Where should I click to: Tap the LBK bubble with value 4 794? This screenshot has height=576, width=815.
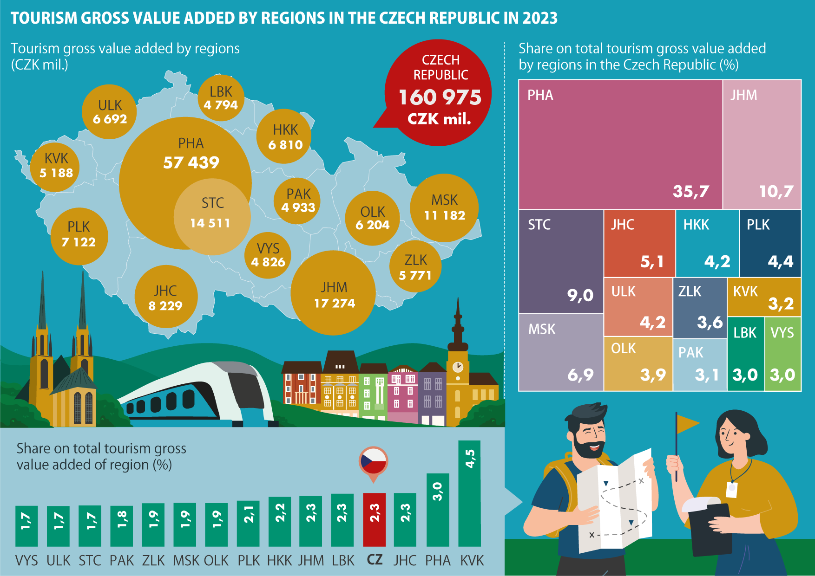(221, 98)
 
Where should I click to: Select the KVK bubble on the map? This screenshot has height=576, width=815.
(56, 166)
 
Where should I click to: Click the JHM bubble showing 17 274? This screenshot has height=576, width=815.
(334, 294)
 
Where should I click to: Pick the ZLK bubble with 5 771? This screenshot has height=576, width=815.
(415, 267)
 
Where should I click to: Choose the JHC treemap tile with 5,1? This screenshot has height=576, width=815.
(639, 243)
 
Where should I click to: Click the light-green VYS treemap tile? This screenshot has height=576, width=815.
(783, 354)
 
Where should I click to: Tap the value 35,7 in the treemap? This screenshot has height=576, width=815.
(691, 191)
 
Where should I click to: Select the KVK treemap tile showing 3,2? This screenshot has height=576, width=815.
(763, 297)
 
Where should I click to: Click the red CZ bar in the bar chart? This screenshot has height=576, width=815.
(374, 519)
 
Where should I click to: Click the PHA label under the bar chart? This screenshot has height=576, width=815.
(438, 561)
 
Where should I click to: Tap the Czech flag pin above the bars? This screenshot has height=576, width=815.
(373, 462)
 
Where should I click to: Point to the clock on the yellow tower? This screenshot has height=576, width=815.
(458, 367)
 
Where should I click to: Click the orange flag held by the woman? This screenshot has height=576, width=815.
(687, 423)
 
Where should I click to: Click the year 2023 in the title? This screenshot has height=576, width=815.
(539, 18)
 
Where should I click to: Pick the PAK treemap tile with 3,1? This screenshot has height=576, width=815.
(700, 365)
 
